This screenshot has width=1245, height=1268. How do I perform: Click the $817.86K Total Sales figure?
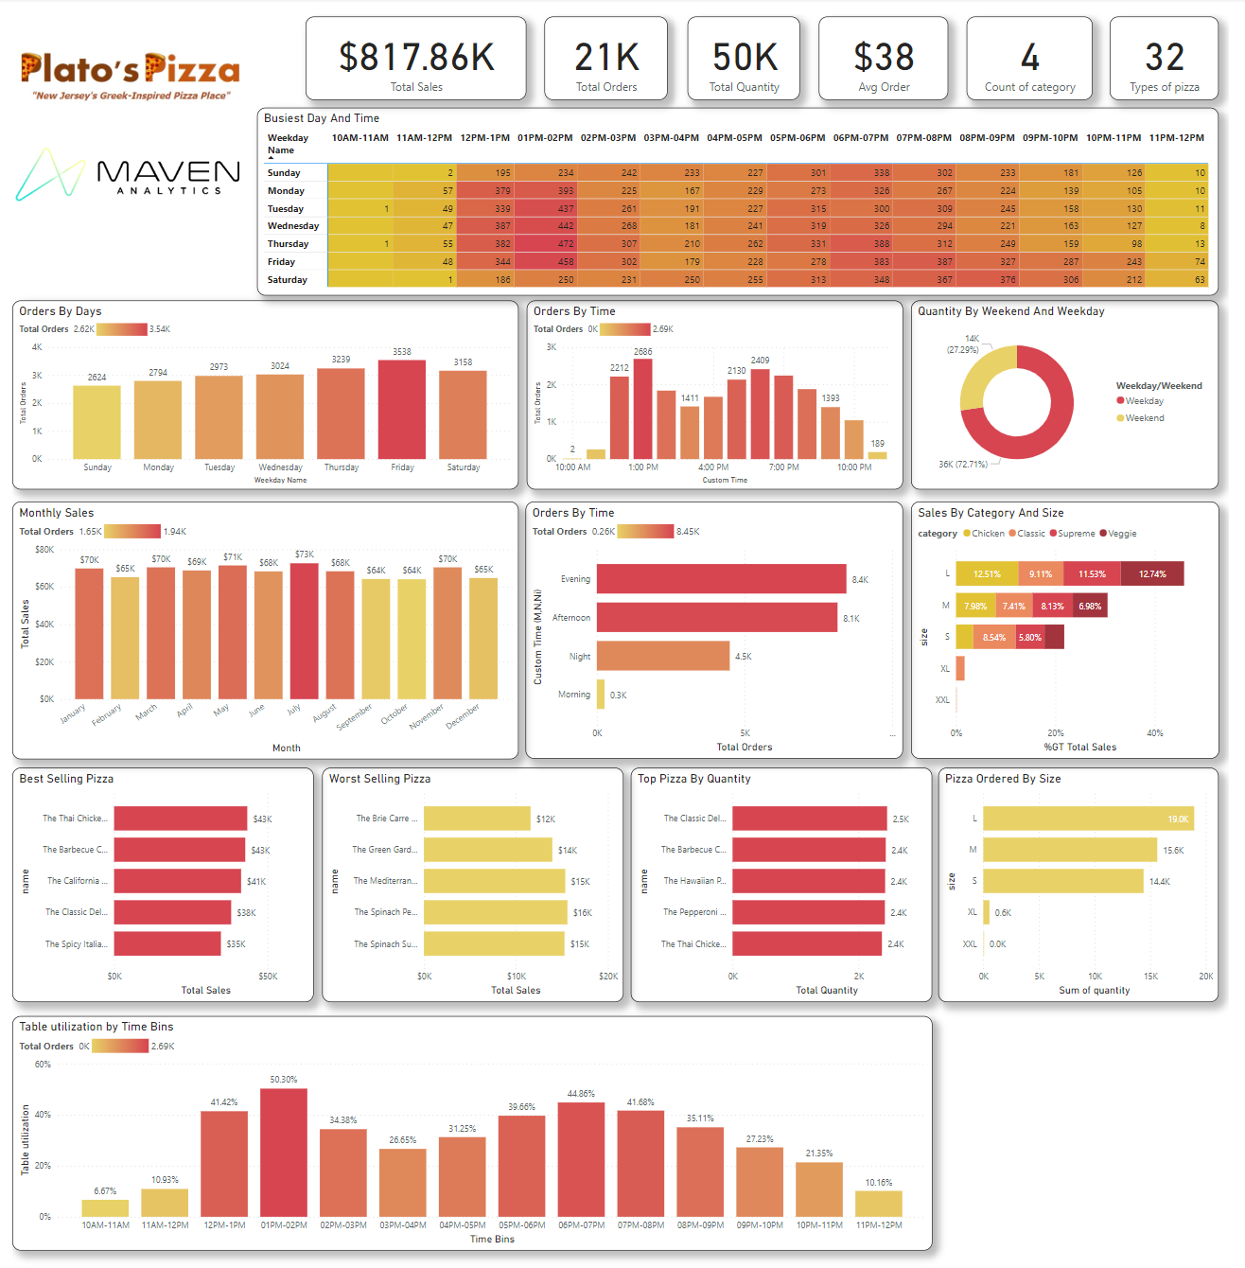(x=416, y=58)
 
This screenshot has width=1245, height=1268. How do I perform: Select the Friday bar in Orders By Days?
(x=402, y=410)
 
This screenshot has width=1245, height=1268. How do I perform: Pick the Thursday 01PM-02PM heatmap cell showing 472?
(x=546, y=244)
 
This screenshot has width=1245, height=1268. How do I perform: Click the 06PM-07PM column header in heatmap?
(x=860, y=138)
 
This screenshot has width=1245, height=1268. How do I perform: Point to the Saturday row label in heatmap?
(x=288, y=280)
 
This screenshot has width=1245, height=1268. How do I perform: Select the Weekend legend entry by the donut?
(x=1144, y=418)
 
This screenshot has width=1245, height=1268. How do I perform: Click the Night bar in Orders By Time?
(x=662, y=656)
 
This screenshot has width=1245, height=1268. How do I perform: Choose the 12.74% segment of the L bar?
(x=1151, y=574)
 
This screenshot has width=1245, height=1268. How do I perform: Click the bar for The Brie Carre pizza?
(x=477, y=819)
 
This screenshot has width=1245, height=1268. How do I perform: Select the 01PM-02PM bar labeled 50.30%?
(x=284, y=1152)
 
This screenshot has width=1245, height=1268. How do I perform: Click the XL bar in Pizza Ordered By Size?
(x=987, y=912)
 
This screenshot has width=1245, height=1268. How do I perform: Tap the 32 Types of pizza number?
(x=1164, y=58)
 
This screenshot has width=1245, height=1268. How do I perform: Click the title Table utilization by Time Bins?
(x=96, y=1027)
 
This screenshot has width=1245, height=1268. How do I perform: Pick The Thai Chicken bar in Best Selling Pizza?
(x=180, y=819)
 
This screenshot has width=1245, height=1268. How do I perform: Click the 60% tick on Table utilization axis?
(x=43, y=1065)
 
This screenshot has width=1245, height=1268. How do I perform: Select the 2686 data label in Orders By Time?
(x=642, y=351)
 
